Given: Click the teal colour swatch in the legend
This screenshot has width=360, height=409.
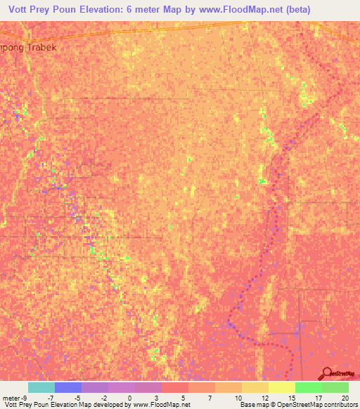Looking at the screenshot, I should click(x=41, y=387).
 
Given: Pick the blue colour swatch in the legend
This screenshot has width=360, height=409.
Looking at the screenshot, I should click(x=67, y=387).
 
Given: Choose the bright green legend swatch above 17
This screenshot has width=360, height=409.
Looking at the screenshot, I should click(x=308, y=387).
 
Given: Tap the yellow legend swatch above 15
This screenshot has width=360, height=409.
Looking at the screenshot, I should click(x=281, y=387).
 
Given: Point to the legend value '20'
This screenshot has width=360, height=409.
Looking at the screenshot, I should click(x=345, y=398).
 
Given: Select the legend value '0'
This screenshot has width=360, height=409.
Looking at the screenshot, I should click(x=130, y=398).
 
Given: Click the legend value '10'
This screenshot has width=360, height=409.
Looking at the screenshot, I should click(x=238, y=398).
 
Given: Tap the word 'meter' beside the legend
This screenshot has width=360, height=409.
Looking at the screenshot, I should click(x=11, y=398).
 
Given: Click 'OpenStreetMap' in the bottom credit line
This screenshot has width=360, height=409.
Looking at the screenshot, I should click(x=285, y=405).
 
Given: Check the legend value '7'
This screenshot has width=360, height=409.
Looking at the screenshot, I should click(x=211, y=398).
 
